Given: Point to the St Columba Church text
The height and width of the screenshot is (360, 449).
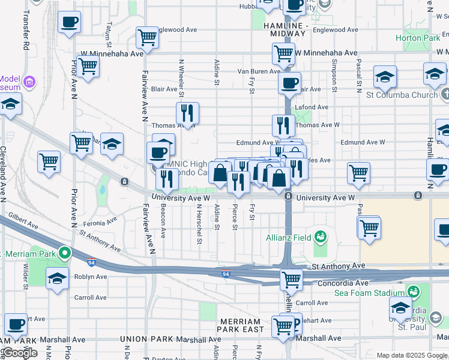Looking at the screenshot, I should pos(402,95).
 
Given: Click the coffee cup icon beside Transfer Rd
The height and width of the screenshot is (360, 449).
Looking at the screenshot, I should pos(69,23).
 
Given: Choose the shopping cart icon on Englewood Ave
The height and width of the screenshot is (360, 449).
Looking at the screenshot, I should pos(147,38).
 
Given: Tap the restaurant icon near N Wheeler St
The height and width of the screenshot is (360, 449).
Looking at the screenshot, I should pos(187,113).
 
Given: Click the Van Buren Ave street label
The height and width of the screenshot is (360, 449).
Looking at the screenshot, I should pos(259,71).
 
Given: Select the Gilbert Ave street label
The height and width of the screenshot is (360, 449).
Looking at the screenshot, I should pos(23,221).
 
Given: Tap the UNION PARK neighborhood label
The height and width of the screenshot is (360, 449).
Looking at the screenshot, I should pos(148,339).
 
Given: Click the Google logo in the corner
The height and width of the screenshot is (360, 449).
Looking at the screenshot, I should pos(20,353).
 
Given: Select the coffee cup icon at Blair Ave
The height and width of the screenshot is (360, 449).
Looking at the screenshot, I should pos(289,83).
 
